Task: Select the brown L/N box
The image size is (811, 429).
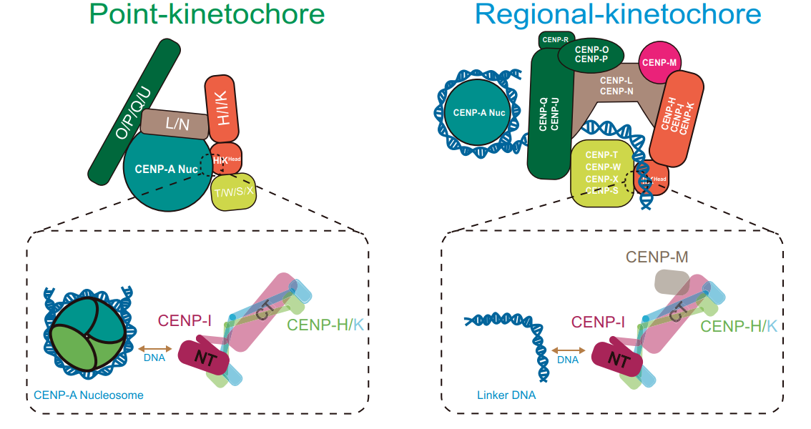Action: pos(175,124)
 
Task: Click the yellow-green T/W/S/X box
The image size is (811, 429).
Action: pos(234,192)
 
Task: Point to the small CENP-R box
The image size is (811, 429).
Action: pos(555,40)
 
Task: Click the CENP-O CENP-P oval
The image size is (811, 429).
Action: pos(591,54)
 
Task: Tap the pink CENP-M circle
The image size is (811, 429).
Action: pos(659,62)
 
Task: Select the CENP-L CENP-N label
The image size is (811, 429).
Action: pos(616,87)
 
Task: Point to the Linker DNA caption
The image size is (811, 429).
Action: pos(506,395)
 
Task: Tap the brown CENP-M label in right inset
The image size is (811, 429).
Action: pos(657,257)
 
